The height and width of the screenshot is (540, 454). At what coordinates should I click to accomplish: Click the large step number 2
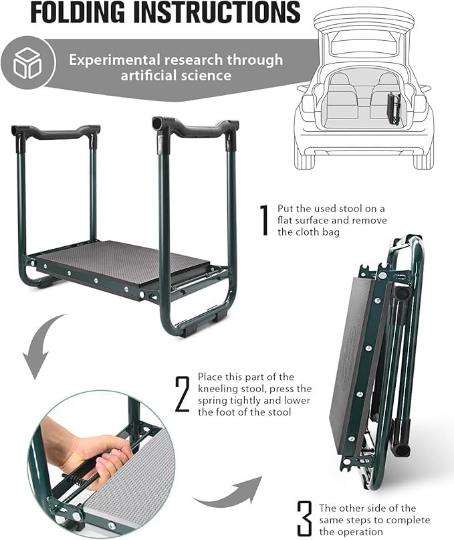click(x=182, y=395)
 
